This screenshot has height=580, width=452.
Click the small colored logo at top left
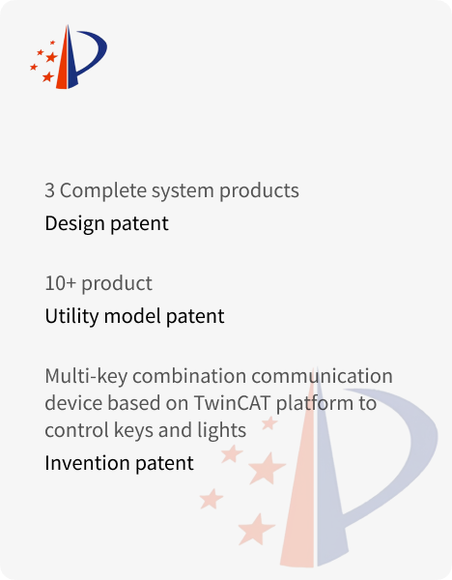coord(69,57)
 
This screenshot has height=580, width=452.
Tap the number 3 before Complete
coord(49,190)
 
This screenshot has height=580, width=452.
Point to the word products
coord(259,191)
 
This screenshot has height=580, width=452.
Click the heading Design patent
coord(107,224)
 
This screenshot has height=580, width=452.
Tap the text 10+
coord(61,283)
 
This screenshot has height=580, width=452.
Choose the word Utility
coord(72,317)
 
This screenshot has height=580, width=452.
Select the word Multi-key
coord(86,377)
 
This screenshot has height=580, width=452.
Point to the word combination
coord(189,376)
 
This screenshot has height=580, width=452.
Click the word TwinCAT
coord(232,403)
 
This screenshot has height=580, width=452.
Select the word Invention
coord(87,463)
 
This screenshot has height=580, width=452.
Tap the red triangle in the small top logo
coord(63,59)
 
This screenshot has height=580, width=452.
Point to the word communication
coord(323,376)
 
